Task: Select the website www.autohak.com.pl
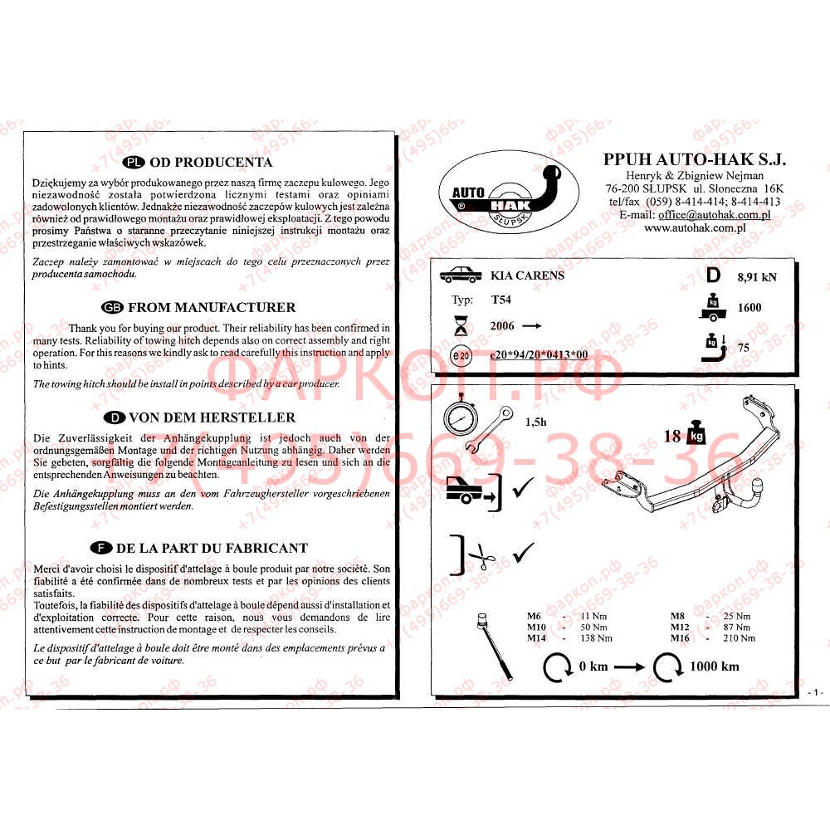coord(694,227)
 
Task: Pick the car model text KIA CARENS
coord(527,275)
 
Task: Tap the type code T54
coord(500,300)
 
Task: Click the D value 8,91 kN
coord(756,277)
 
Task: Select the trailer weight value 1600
coord(749,308)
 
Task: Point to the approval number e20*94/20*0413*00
coord(539,354)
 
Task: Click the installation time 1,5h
coord(535,422)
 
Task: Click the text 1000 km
coord(714,666)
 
